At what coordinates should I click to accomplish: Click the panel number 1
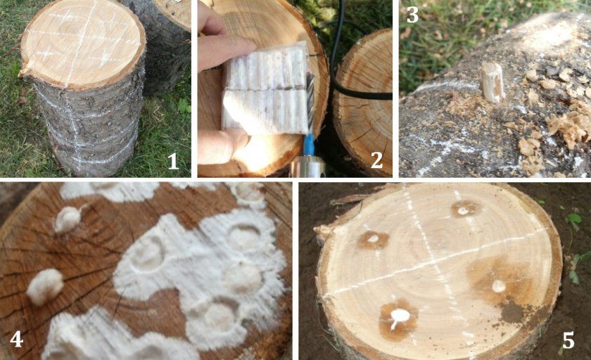click(x=173, y=162)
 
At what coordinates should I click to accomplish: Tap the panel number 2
click(x=376, y=160)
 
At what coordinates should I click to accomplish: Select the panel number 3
click(x=413, y=15)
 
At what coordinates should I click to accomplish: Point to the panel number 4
click(x=16, y=340)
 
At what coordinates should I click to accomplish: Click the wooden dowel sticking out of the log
click(x=493, y=82)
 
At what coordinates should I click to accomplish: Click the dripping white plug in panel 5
click(x=399, y=317)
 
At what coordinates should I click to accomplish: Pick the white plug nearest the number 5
click(x=499, y=286)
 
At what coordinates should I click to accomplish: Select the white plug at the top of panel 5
click(x=463, y=211)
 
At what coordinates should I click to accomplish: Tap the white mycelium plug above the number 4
click(x=45, y=287)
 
